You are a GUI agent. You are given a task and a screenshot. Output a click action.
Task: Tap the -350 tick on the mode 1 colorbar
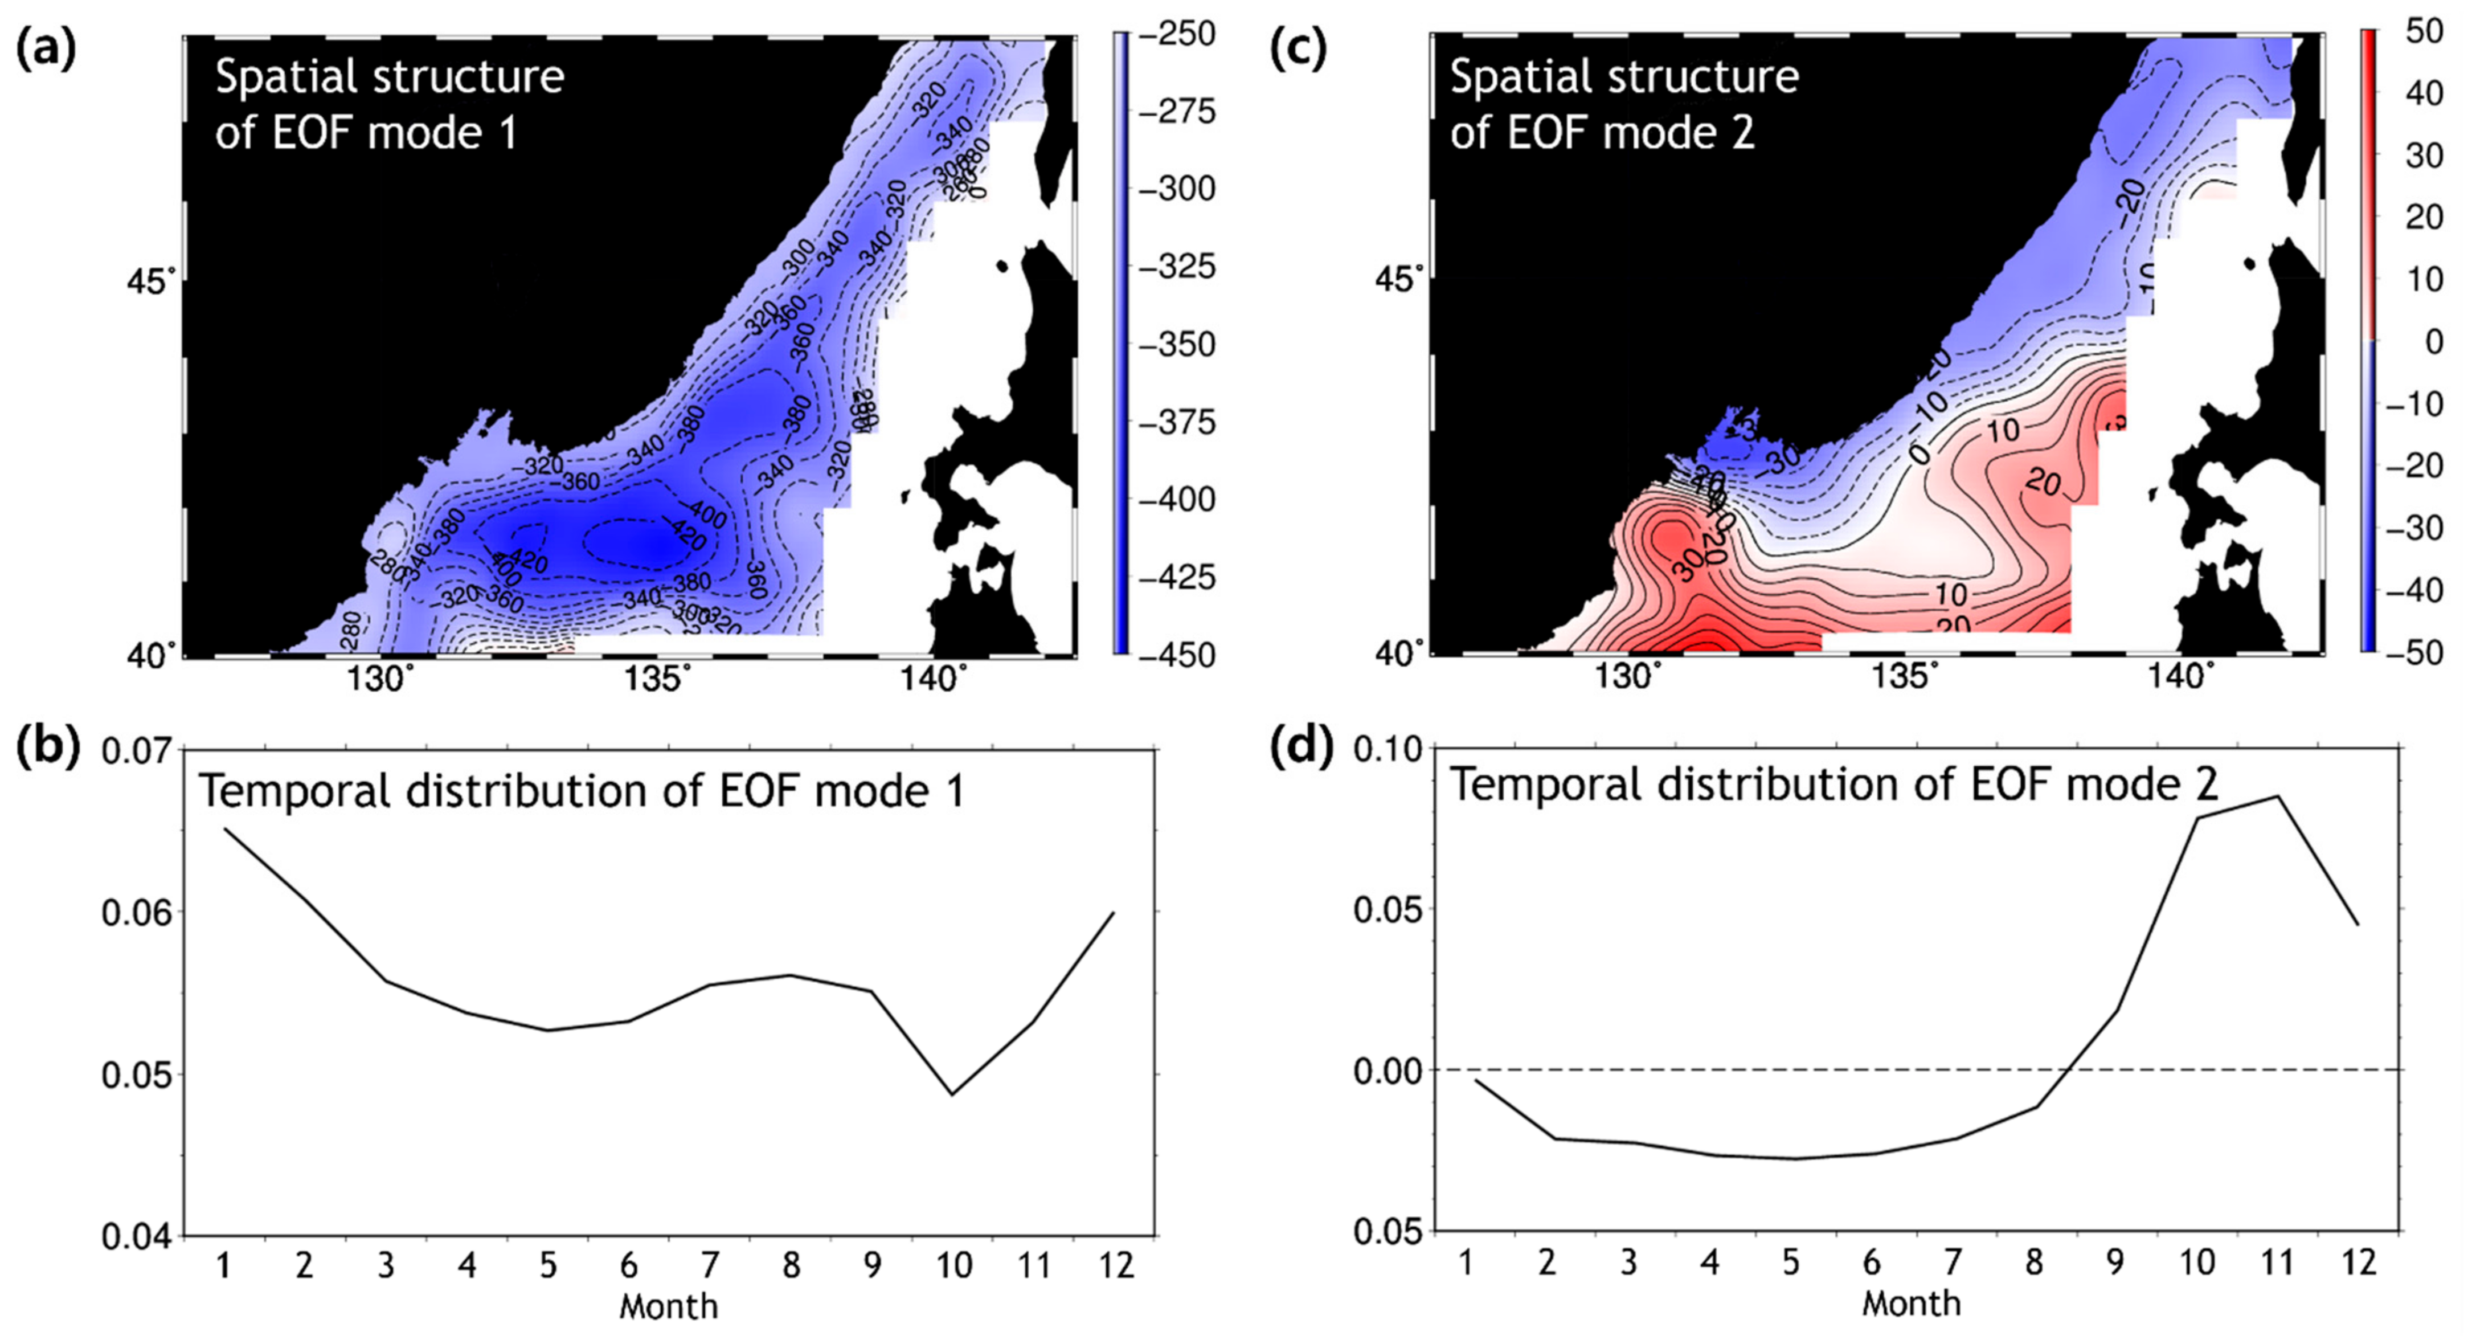(1177, 345)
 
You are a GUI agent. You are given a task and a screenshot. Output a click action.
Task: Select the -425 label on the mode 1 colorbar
(1177, 578)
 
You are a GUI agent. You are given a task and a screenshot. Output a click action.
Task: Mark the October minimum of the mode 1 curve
(953, 1094)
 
